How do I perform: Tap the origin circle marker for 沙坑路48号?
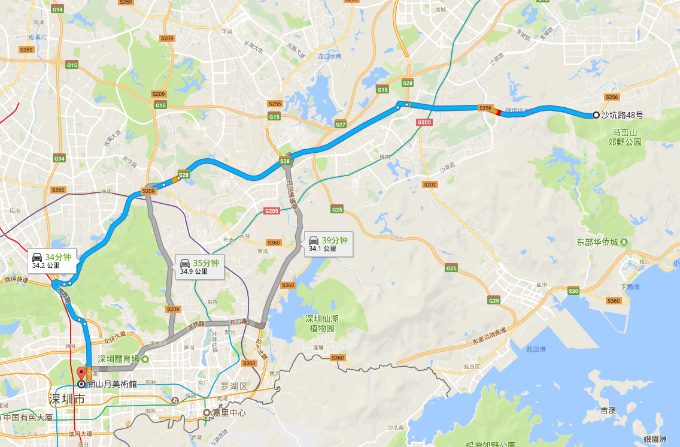[596, 115]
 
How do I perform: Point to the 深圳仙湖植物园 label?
[322, 323]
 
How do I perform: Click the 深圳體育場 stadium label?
[119, 359]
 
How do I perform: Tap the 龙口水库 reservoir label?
[329, 56]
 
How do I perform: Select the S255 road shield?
[275, 104]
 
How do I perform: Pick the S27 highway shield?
[341, 125]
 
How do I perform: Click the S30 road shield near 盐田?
[573, 291]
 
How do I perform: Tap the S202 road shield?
[430, 185]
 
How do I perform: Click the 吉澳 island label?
[608, 410]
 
